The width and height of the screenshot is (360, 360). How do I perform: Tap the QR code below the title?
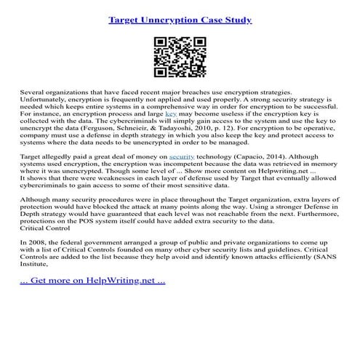[x=179, y=57]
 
